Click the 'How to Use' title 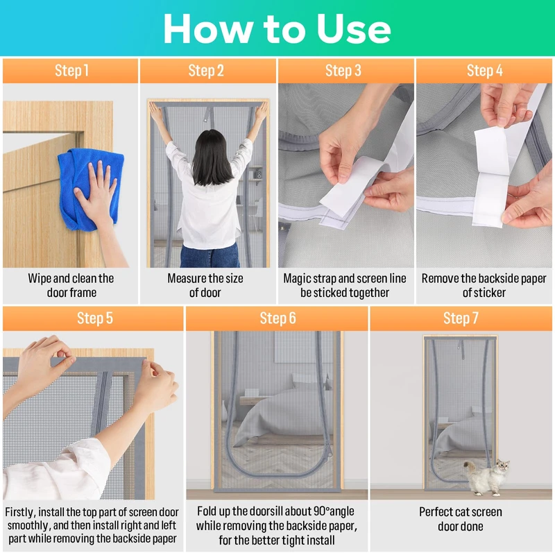point(277,28)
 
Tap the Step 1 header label point(71,71)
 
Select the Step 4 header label point(484,71)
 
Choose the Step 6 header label point(277,318)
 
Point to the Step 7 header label point(461,318)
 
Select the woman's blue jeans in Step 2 point(210,255)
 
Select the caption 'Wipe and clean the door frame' point(71,285)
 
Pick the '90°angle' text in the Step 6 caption point(333,511)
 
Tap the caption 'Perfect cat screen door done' point(461,519)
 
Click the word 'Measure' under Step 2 point(185,279)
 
